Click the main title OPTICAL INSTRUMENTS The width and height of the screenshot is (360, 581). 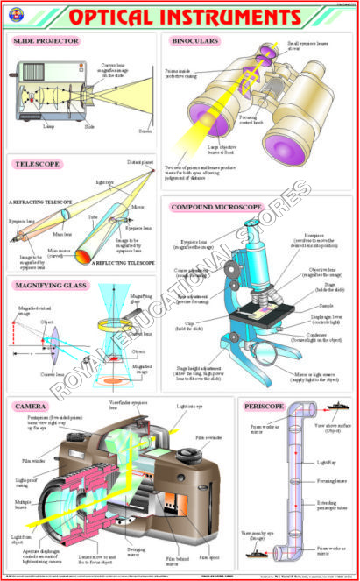point(180,17)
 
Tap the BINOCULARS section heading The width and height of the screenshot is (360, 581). point(198,40)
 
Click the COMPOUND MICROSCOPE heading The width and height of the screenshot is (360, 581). point(216,207)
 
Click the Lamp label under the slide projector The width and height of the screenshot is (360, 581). point(47,125)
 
